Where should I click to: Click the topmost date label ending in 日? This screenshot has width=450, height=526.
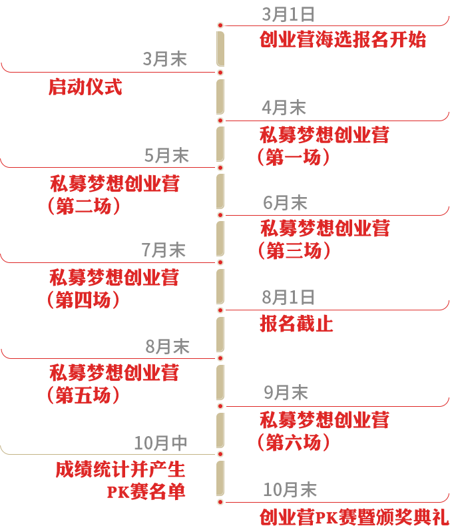click(288, 15)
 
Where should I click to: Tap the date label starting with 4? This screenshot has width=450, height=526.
click(284, 107)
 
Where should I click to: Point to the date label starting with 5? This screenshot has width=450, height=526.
click(166, 156)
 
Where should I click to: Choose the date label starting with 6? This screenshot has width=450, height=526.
click(286, 202)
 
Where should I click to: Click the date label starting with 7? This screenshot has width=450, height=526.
click(164, 250)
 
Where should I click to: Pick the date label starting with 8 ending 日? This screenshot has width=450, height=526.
click(288, 298)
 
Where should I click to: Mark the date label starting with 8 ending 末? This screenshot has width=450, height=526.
click(167, 346)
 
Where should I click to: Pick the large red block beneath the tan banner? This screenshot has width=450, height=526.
click(120, 480)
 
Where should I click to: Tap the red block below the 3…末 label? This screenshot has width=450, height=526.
click(87, 87)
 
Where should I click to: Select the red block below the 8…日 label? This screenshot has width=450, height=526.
click(296, 323)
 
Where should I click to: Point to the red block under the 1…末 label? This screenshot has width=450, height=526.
click(354, 517)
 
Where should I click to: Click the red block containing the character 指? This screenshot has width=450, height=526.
click(342, 39)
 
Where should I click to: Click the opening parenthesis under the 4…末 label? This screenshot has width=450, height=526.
click(260, 157)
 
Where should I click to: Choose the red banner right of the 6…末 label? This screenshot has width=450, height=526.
click(393, 205)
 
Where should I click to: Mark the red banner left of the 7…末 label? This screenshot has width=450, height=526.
click(55, 252)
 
